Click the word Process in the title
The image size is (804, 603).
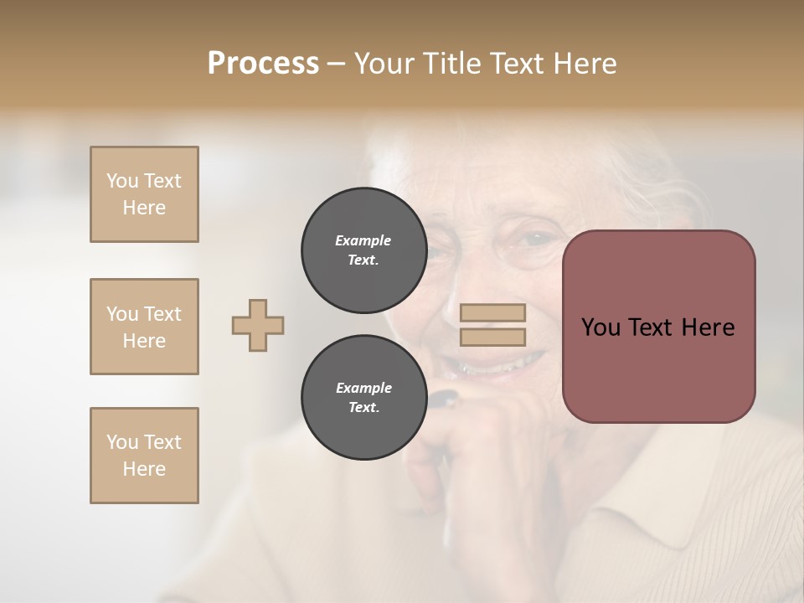tap(263, 64)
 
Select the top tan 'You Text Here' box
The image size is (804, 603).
tap(144, 194)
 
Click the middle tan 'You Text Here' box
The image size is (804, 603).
tap(144, 327)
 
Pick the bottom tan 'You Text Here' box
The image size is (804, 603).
tap(144, 456)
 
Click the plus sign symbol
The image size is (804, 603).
tap(258, 325)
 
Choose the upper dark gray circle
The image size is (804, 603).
tap(363, 250)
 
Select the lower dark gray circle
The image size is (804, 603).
tap(363, 398)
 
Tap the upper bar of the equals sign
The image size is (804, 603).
tap(493, 313)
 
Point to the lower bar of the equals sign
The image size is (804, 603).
tap(493, 337)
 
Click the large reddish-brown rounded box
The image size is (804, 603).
tap(658, 326)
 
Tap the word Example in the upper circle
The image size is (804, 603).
tap(363, 240)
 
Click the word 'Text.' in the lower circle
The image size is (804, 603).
tap(363, 408)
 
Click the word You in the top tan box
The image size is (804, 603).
tap(122, 181)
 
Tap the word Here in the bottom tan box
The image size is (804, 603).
tap(144, 469)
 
